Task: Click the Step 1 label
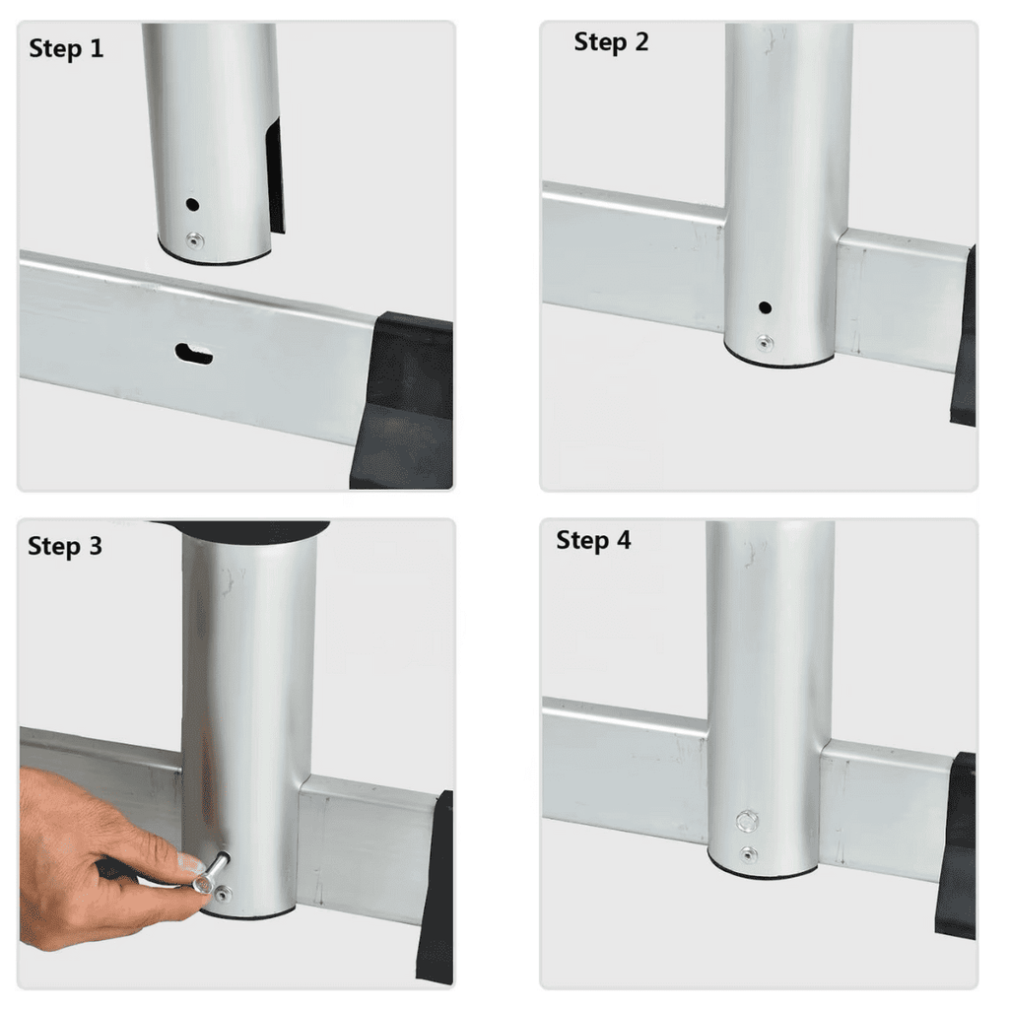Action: click(x=66, y=49)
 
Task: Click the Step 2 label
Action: click(x=611, y=42)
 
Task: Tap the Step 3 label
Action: click(x=65, y=546)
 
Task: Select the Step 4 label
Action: click(x=593, y=540)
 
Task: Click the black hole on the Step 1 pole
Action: click(x=192, y=205)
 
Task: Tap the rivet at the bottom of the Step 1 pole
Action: click(x=195, y=241)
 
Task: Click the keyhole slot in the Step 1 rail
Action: click(x=194, y=354)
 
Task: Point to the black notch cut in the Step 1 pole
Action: click(x=275, y=175)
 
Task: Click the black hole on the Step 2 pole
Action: click(x=765, y=307)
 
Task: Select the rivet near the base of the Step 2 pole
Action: click(x=765, y=343)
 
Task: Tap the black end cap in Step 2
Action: click(x=964, y=335)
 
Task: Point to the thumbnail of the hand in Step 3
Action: click(x=187, y=862)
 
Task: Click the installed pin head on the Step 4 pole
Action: click(x=747, y=821)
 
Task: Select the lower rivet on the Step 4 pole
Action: click(x=748, y=854)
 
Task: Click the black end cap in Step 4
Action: click(x=957, y=844)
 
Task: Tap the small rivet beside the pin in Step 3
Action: click(x=223, y=894)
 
